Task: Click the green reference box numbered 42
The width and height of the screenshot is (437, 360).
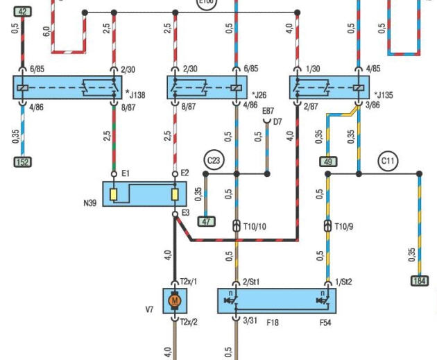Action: tap(22, 12)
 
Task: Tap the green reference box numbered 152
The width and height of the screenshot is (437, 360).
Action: tap(22, 162)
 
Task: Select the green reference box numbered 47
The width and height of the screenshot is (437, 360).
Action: tap(206, 222)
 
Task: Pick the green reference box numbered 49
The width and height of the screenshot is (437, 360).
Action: tap(328, 162)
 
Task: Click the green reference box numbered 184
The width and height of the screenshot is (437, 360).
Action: tap(419, 281)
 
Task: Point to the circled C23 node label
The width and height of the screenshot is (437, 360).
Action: tap(214, 161)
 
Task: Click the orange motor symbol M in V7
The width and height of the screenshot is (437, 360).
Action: tap(175, 301)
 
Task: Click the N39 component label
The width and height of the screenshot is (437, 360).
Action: tap(90, 203)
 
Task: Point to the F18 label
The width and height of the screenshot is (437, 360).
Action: tap(272, 323)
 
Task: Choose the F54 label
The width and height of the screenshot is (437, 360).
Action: tap(325, 323)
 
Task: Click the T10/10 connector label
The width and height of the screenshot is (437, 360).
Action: tap(255, 227)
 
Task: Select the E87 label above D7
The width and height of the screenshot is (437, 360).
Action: tap(268, 111)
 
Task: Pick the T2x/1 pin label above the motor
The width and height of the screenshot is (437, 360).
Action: tap(189, 282)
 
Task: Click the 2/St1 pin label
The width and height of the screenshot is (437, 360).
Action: tap(250, 282)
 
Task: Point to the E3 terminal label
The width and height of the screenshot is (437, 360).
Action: tap(185, 213)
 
